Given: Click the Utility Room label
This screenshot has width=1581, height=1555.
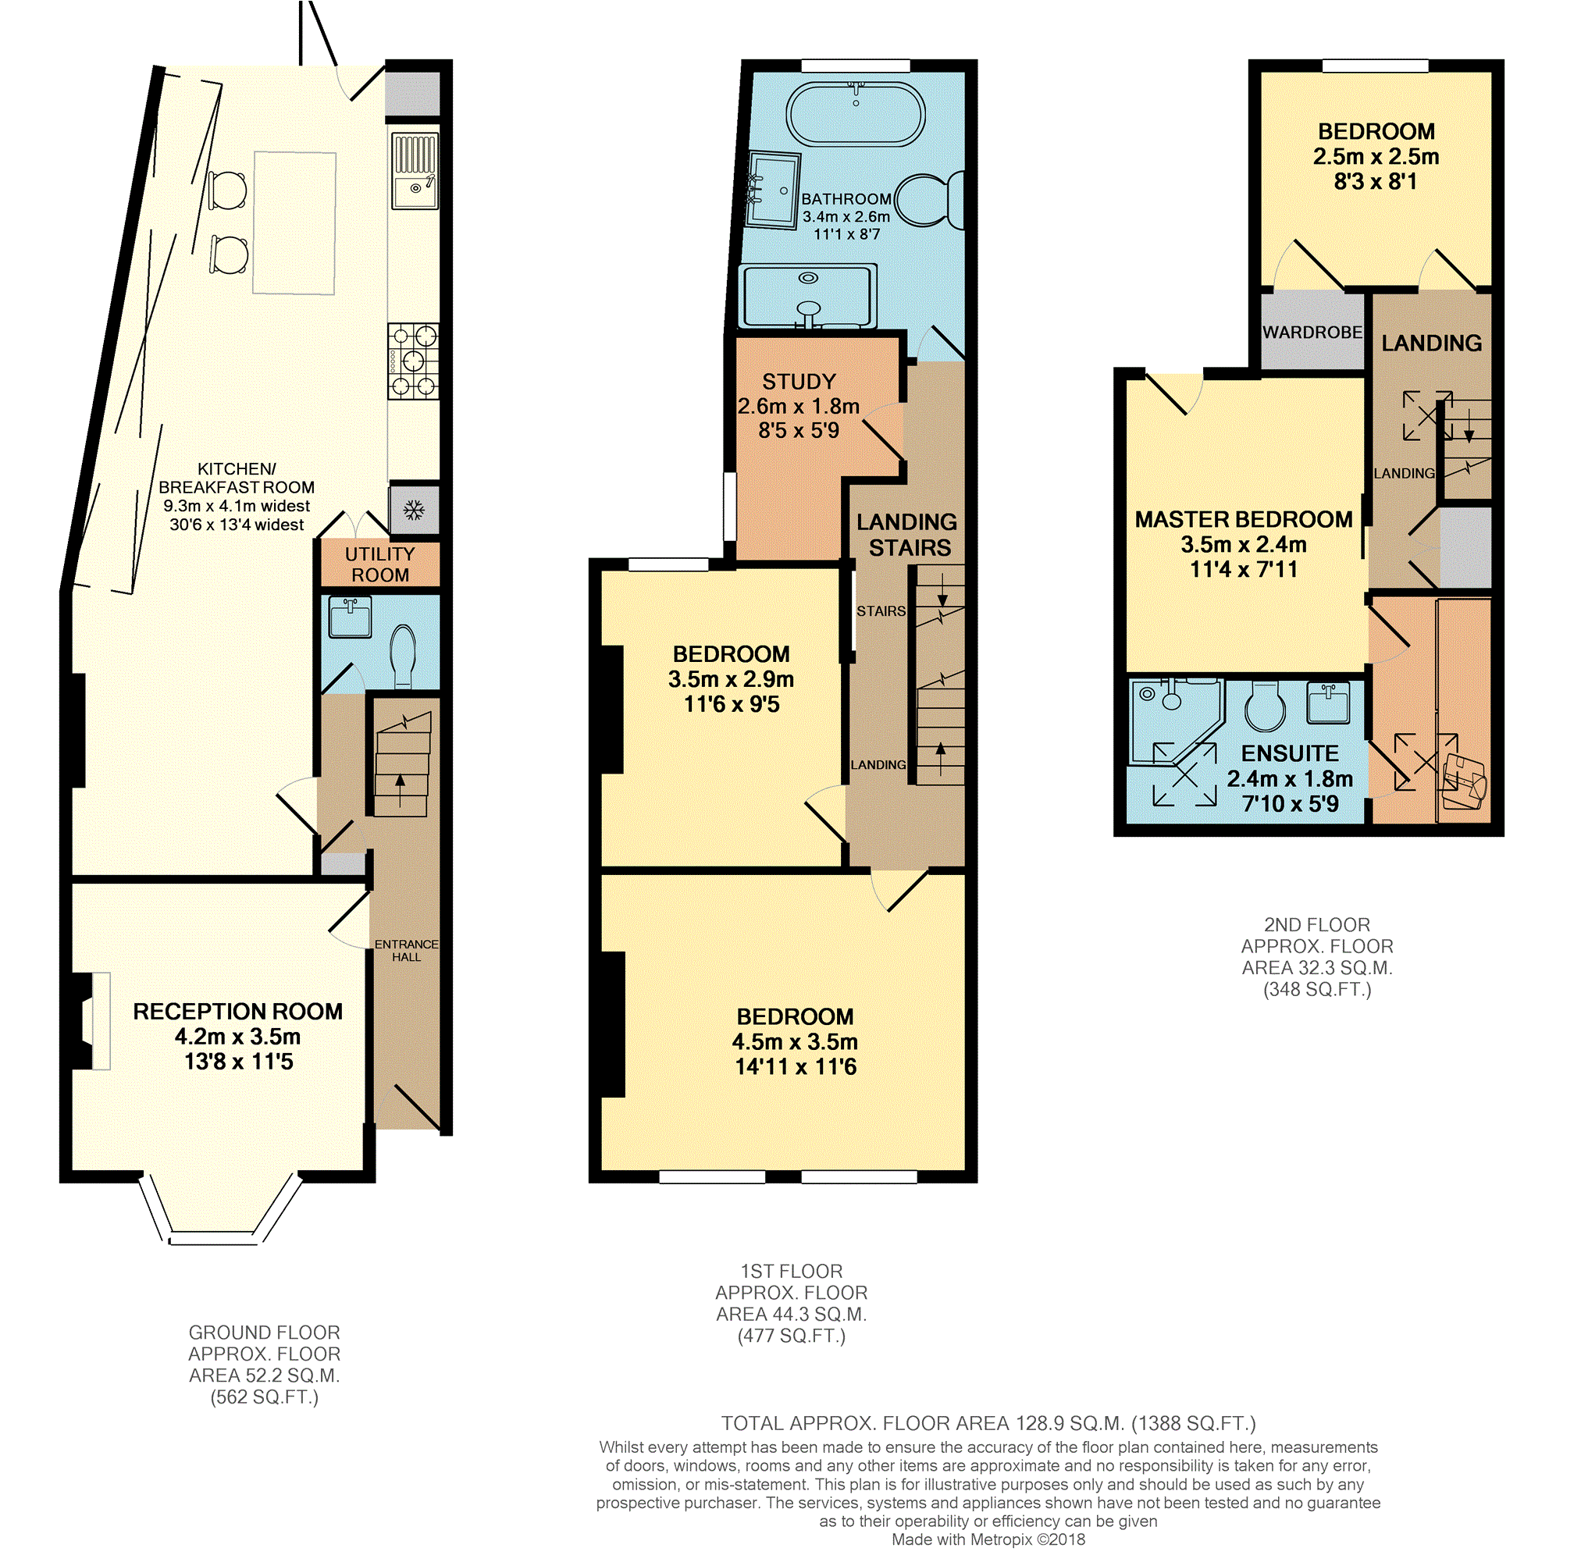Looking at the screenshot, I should pyautogui.click(x=379, y=564).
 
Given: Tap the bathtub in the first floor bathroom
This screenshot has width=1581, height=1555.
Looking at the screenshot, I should pyautogui.click(x=855, y=114).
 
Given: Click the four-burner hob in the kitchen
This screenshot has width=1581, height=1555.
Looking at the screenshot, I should pyautogui.click(x=413, y=361).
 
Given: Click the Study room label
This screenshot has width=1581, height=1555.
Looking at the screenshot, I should pyautogui.click(x=799, y=383).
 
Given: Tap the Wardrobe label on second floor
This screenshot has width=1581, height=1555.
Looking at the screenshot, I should pyautogui.click(x=1312, y=333).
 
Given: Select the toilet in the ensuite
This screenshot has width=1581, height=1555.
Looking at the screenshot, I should pyautogui.click(x=1264, y=706).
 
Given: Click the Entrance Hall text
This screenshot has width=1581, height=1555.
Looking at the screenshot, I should pyautogui.click(x=406, y=951).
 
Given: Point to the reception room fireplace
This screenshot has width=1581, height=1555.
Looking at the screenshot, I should pyautogui.click(x=91, y=1020).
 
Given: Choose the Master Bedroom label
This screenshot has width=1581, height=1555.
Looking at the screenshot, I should pyautogui.click(x=1243, y=519).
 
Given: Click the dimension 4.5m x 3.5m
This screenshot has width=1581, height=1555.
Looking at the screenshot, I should pyautogui.click(x=795, y=1042).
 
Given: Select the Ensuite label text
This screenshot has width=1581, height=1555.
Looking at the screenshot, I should pyautogui.click(x=1290, y=753).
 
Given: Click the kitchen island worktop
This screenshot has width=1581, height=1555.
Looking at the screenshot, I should pyautogui.click(x=294, y=222).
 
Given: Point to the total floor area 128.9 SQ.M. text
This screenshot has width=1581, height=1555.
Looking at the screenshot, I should pyautogui.click(x=988, y=1424).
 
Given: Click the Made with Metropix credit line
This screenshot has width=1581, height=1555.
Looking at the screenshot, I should pyautogui.click(x=988, y=1539).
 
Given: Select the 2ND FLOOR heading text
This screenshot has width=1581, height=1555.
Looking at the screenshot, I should pyautogui.click(x=1316, y=924).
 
